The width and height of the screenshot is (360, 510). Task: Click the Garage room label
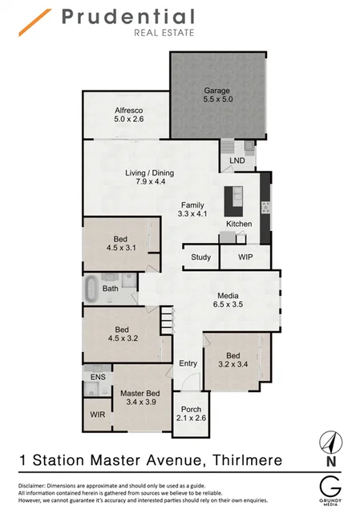click(x=218, y=91)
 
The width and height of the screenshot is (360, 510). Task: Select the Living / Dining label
click(x=149, y=173)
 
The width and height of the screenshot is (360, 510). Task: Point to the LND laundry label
click(x=237, y=160)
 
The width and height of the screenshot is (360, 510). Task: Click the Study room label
click(x=200, y=258)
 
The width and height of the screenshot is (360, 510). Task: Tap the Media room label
click(x=229, y=295)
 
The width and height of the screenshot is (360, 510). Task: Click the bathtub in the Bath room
click(x=91, y=288)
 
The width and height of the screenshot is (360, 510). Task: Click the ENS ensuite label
click(x=98, y=376)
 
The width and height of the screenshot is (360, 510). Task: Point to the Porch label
click(x=191, y=409)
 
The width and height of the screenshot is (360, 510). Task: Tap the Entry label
click(x=188, y=364)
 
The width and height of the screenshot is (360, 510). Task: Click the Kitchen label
click(x=239, y=224)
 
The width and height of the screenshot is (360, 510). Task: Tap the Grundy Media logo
click(x=328, y=489)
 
